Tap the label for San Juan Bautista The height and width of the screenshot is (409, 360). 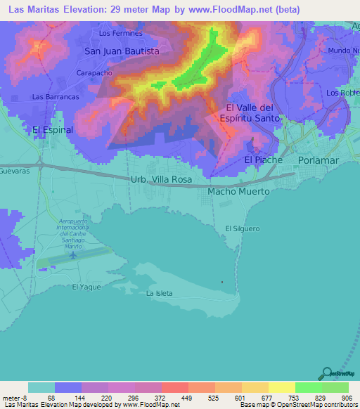(x=122, y=51)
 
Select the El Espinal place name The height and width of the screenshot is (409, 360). (x=53, y=130)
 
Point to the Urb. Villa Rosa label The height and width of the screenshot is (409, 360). (x=161, y=180)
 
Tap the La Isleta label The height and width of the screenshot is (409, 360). (x=159, y=293)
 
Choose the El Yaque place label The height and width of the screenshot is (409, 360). (x=86, y=287)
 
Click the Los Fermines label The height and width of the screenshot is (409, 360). (x=121, y=33)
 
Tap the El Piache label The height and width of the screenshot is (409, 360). (x=263, y=160)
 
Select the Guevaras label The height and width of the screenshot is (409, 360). (x=13, y=171)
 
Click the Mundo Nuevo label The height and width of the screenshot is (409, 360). (x=343, y=51)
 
